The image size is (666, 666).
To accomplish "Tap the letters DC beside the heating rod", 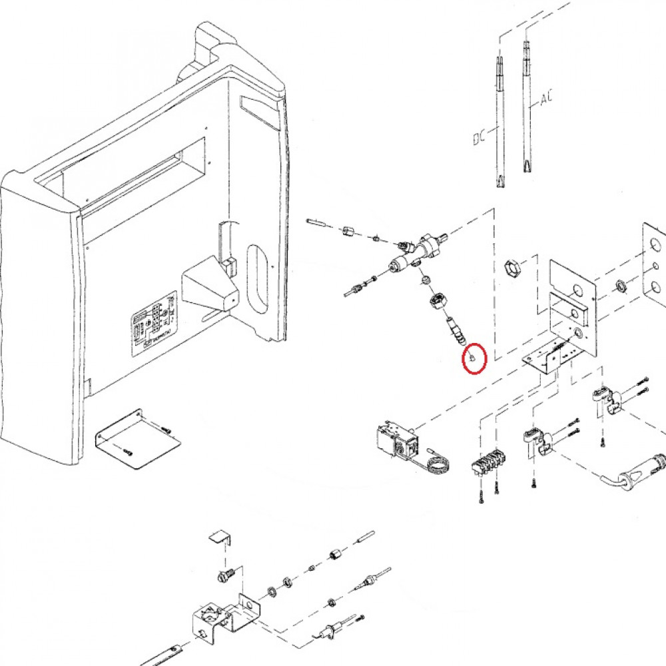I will (x=478, y=138).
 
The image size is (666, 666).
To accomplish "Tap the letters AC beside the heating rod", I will (x=546, y=99).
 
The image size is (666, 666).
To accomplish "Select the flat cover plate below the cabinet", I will (x=136, y=440).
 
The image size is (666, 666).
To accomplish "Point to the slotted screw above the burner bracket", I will (x=224, y=573).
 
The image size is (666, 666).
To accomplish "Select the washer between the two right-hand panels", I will (x=622, y=286).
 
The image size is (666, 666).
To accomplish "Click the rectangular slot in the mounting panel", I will (x=568, y=310).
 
